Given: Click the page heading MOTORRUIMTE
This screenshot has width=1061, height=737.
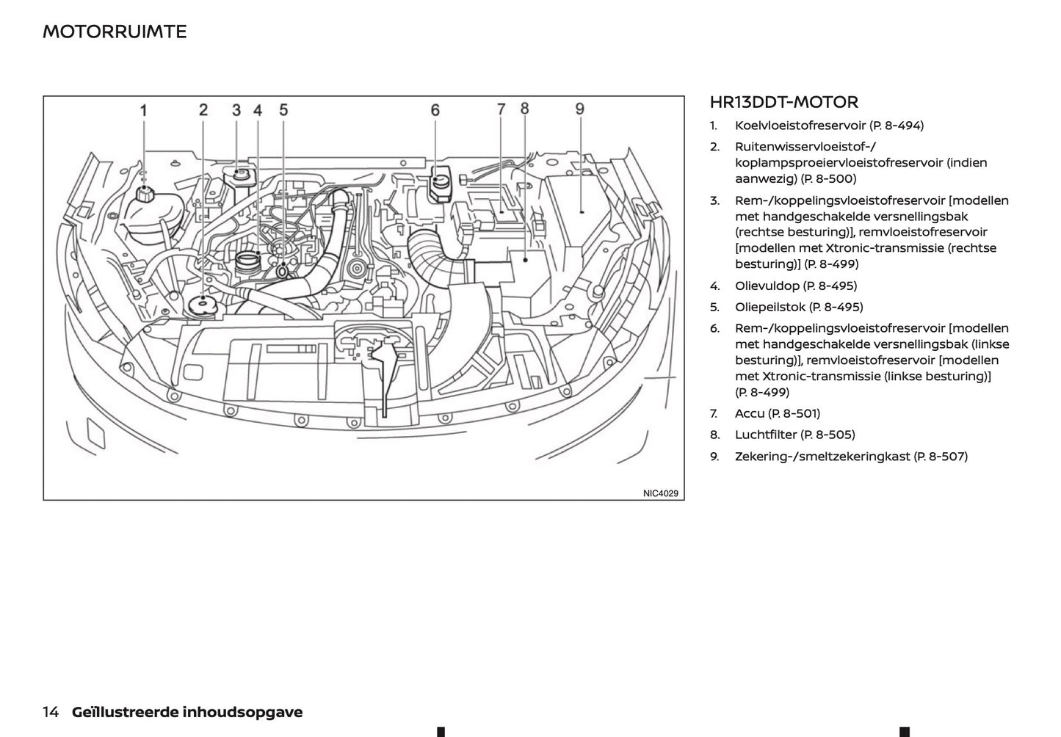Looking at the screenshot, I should click(115, 32).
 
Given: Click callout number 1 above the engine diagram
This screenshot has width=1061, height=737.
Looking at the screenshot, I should click(144, 111).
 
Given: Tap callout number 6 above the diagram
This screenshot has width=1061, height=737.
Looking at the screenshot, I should click(435, 110).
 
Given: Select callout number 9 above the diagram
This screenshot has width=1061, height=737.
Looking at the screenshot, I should click(579, 109).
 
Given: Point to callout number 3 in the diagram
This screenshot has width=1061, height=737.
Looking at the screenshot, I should click(236, 110).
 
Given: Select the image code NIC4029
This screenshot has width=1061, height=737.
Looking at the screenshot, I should click(661, 493).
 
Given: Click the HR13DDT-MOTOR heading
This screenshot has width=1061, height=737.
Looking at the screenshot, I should click(783, 102).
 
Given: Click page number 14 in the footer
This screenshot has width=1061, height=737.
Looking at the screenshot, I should click(51, 712).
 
